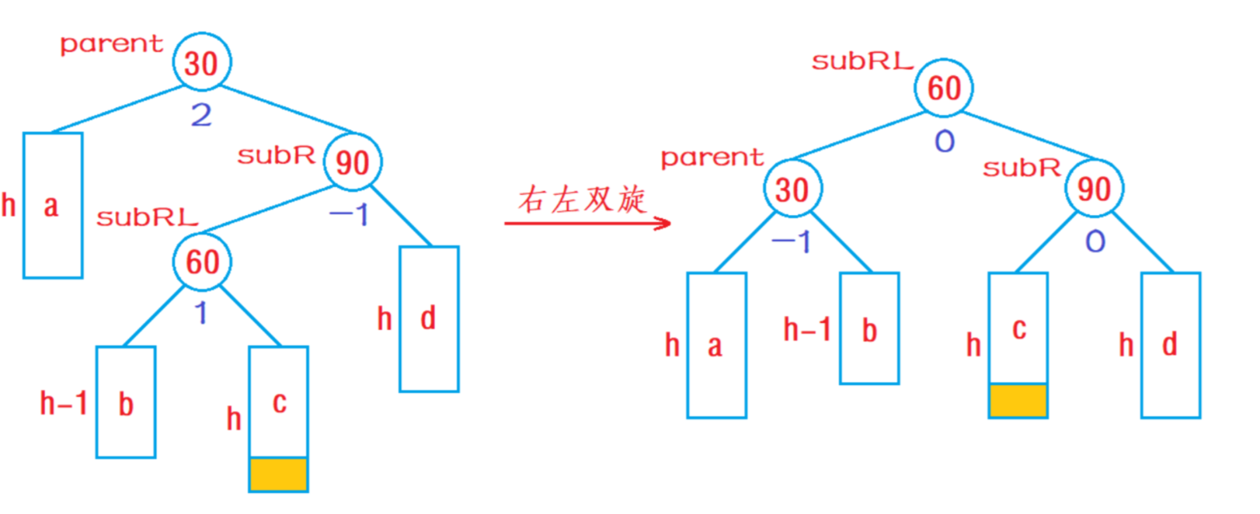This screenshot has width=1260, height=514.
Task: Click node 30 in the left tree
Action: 201,62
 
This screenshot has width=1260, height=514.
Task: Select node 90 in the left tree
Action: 352,161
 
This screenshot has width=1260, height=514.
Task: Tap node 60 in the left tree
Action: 202,261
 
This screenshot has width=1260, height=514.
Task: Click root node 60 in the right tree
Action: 944,87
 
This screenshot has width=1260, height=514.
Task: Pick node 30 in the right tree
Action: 792,189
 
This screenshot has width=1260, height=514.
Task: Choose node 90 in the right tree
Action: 1094,188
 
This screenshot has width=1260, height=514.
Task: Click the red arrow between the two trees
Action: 587,224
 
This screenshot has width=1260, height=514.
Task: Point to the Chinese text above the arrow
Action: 582,200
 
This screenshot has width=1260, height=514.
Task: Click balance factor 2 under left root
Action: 201,116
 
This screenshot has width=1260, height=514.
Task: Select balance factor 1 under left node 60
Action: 201,313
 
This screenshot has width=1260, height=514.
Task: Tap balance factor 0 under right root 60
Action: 945,141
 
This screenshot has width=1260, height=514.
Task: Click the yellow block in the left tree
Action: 278,474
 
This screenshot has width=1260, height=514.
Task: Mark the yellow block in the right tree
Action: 1018,401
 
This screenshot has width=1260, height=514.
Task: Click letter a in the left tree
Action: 51,207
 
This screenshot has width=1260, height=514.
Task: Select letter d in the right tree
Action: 1170,344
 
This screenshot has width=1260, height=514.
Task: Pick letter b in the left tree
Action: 126,404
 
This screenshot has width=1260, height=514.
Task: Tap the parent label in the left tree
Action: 112,44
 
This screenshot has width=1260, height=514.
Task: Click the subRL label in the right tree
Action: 862,62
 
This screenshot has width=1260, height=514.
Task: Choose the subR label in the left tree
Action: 276,155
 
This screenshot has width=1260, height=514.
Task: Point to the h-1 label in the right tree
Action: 807,330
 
